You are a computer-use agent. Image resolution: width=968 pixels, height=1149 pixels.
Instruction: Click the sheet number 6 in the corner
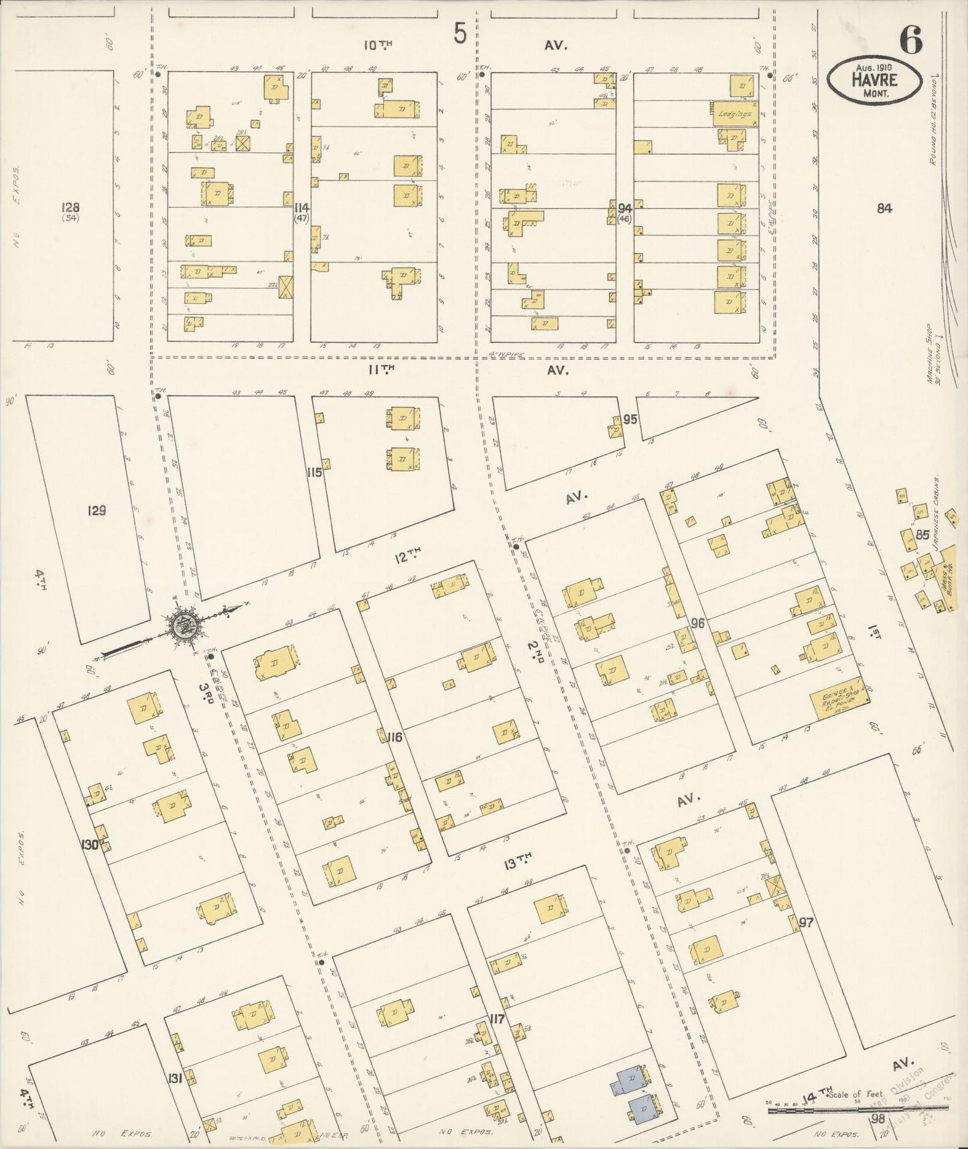click(911, 40)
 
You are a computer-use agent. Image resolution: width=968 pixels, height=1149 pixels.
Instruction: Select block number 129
click(96, 511)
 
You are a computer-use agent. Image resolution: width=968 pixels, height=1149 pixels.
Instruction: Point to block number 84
click(884, 208)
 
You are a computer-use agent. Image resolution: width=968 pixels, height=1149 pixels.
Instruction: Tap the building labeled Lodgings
click(734, 114)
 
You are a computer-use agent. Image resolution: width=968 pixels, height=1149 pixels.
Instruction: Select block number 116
click(395, 737)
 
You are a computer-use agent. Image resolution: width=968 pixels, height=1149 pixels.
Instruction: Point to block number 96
click(698, 623)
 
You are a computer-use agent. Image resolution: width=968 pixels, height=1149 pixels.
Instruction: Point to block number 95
click(630, 420)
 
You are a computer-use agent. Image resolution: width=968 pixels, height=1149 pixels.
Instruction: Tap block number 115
click(314, 473)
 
